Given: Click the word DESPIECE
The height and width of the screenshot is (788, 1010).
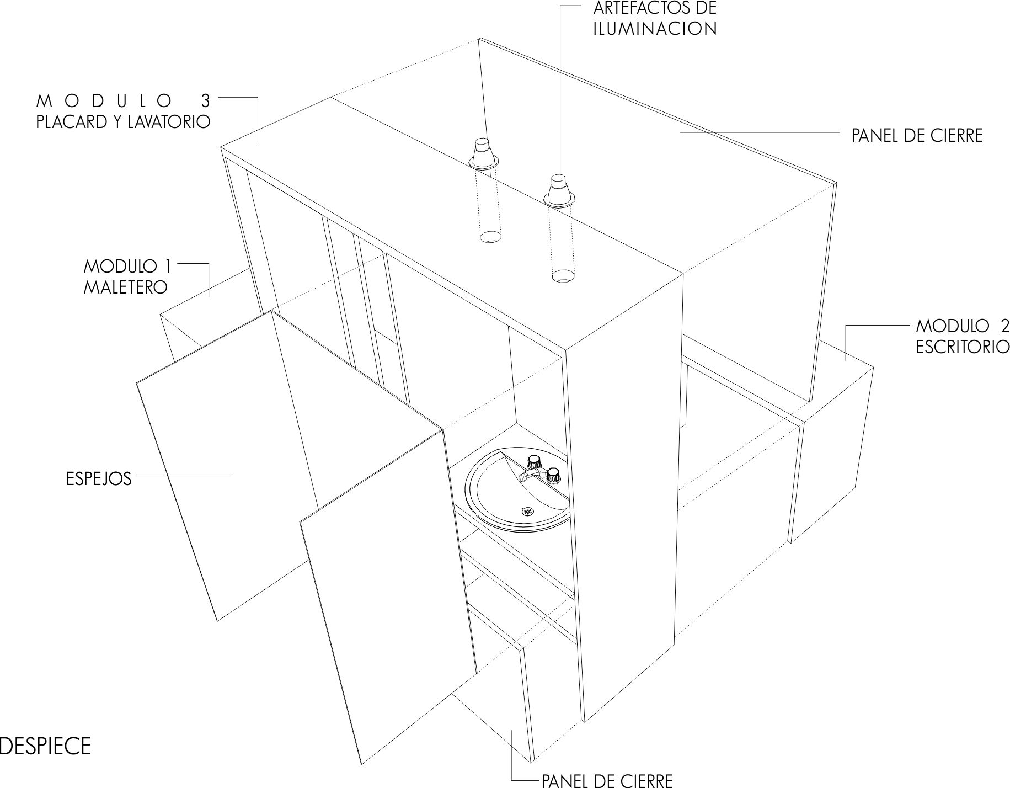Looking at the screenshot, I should point(45,746).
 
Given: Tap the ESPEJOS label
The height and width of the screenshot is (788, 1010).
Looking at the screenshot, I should point(99,478).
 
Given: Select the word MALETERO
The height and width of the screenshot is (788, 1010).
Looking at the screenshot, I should point(125,287).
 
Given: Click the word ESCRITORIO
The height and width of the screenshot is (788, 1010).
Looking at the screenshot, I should point(963,347).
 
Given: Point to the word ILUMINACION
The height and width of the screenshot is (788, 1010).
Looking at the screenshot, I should point(655,29).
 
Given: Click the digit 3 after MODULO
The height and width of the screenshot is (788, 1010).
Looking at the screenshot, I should point(206,100).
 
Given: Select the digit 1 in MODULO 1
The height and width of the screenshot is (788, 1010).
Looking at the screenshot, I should point(167,267).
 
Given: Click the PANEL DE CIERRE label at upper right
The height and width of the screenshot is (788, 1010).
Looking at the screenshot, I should point(917,136).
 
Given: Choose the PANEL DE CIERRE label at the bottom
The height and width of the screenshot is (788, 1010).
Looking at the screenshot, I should point(607,780).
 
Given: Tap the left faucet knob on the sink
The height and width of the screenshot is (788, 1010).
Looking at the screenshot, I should point(533,460).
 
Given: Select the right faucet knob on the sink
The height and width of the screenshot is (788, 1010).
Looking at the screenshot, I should point(553,473).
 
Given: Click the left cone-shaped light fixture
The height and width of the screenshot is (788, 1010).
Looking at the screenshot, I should point(484,154).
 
